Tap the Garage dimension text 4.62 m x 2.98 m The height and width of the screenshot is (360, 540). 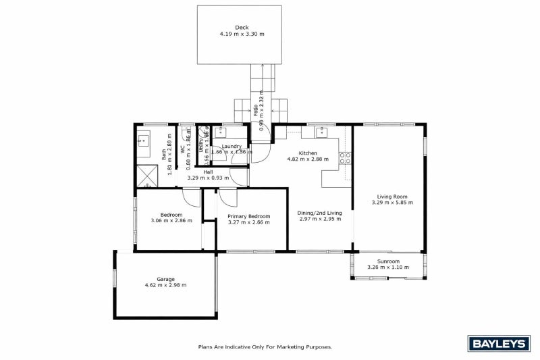165,286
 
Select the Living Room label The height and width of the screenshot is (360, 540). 389,196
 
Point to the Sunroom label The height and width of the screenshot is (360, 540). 388,261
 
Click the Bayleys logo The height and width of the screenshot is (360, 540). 497,344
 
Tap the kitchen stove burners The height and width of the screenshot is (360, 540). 345,159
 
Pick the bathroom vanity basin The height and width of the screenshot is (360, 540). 144,141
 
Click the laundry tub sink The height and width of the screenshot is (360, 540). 221,133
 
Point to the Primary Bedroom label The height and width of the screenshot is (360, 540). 248,216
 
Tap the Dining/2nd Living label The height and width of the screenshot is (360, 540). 320,213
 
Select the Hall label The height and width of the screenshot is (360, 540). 209,172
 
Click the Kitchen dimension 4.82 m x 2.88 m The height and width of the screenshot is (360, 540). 308,159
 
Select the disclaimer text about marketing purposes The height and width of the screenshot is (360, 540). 265,346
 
